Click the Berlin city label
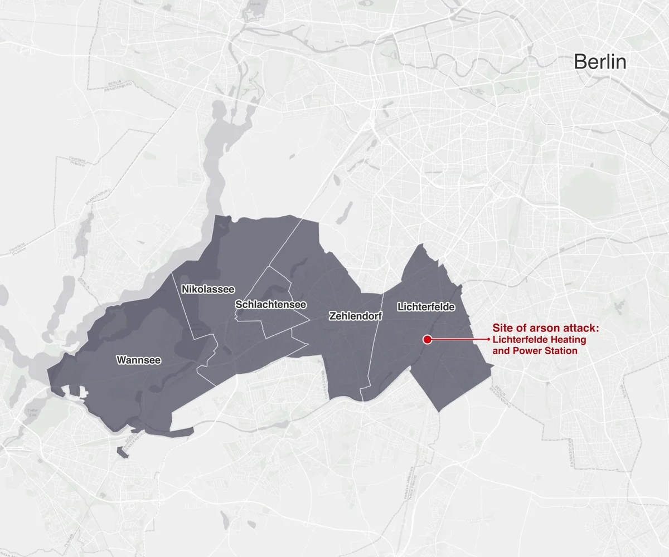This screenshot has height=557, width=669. (x=600, y=62)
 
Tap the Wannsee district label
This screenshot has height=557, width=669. (x=139, y=360)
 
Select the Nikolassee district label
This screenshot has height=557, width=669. (x=208, y=289)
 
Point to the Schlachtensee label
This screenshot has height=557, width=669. (x=270, y=305)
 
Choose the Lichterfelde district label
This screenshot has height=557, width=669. (x=426, y=307)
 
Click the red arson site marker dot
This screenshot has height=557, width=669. (x=428, y=339)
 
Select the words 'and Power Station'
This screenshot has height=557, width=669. (x=535, y=351)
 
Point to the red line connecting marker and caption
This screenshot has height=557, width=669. (x=460, y=339)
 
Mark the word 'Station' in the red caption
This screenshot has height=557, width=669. (x=561, y=351)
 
